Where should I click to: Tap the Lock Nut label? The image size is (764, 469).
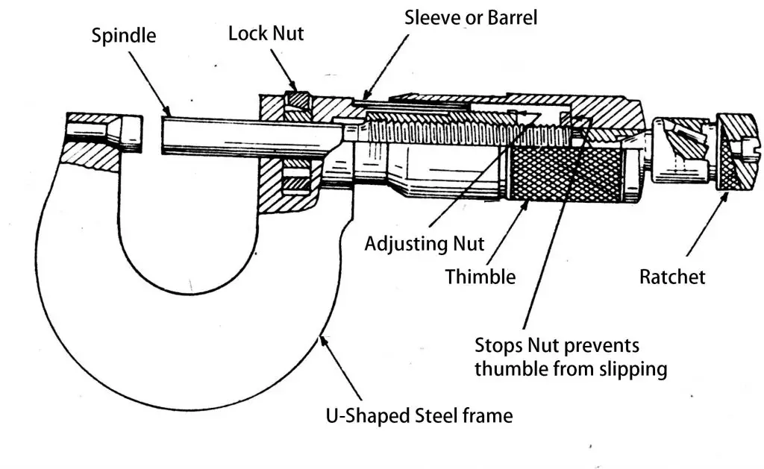266,34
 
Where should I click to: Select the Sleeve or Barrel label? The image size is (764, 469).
470,17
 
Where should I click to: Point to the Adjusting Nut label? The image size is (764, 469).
424,243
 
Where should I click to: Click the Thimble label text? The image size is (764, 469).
480,277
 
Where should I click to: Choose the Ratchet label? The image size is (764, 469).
671,277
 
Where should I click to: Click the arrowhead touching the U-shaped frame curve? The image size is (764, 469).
323,341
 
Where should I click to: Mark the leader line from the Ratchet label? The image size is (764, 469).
706,227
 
